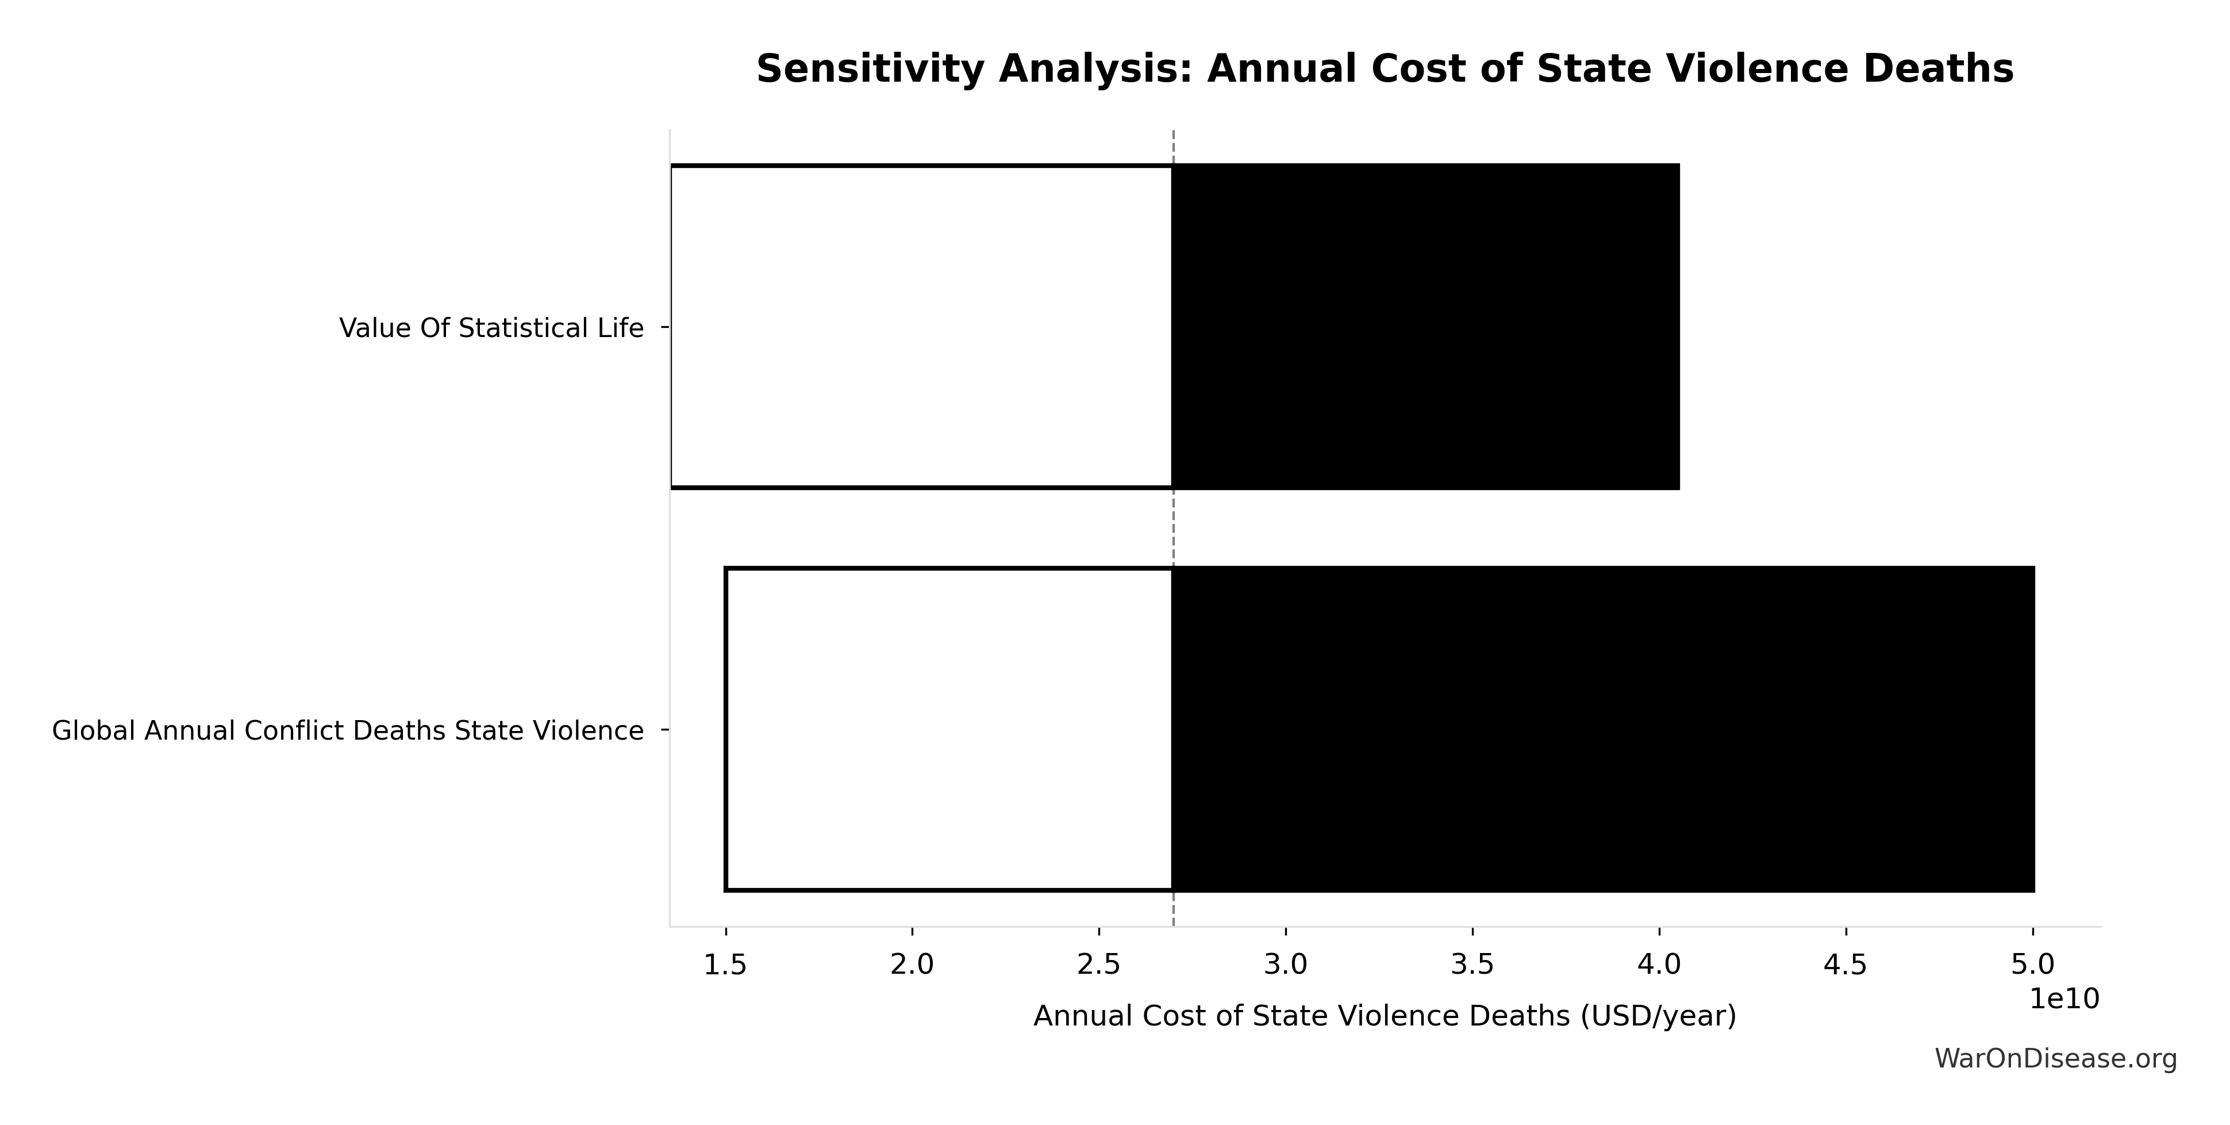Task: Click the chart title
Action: click(1384, 69)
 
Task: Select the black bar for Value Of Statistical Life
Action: click(1425, 327)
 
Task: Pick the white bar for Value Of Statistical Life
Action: click(921, 327)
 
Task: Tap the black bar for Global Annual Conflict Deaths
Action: click(1602, 729)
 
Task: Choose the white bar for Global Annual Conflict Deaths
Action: click(949, 729)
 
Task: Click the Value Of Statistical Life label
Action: click(491, 328)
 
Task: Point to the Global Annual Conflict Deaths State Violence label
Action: click(347, 731)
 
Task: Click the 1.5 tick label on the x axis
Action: click(725, 965)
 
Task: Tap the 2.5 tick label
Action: click(1098, 965)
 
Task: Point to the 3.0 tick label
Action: click(1286, 965)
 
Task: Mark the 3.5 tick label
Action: click(1472, 965)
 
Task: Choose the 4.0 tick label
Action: click(1659, 965)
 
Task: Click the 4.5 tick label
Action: click(1845, 965)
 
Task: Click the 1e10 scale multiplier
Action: click(2064, 998)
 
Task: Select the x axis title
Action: click(1384, 1016)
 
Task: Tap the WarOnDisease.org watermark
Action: click(2055, 1058)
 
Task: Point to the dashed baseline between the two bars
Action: click(1173, 529)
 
